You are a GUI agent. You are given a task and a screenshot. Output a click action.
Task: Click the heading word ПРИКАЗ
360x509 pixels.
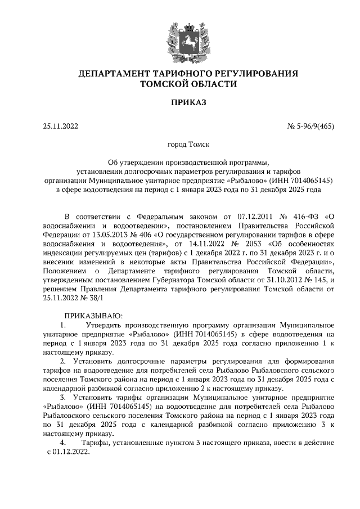point(180,102)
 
